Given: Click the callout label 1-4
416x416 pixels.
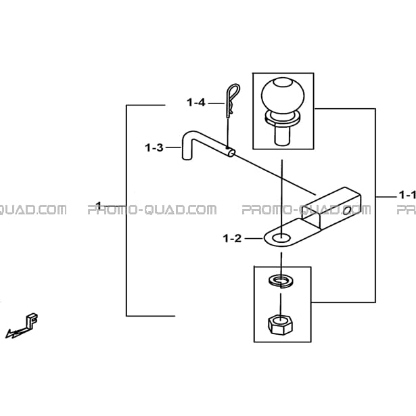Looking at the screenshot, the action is point(196,102).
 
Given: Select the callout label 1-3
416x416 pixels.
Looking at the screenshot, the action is point(154,147).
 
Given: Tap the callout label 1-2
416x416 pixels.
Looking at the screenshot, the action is point(233,239).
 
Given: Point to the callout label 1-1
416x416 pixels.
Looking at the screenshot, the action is point(407,195).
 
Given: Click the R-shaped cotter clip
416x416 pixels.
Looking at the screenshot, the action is point(233,100).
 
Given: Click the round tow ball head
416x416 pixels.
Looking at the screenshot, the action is point(283,96).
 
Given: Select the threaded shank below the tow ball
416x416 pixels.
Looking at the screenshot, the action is point(283,135).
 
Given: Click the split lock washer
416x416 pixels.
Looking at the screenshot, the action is point(281,281).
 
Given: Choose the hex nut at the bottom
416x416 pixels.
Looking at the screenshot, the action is point(280,325).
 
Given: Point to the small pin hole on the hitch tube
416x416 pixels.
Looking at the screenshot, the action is point(346,211).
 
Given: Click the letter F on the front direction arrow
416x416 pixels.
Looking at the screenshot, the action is point(32,321).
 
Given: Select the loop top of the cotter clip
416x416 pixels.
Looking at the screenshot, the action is point(235,89).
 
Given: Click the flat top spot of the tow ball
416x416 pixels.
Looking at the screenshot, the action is point(283,82).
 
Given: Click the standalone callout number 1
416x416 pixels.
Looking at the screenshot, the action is point(99,206).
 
